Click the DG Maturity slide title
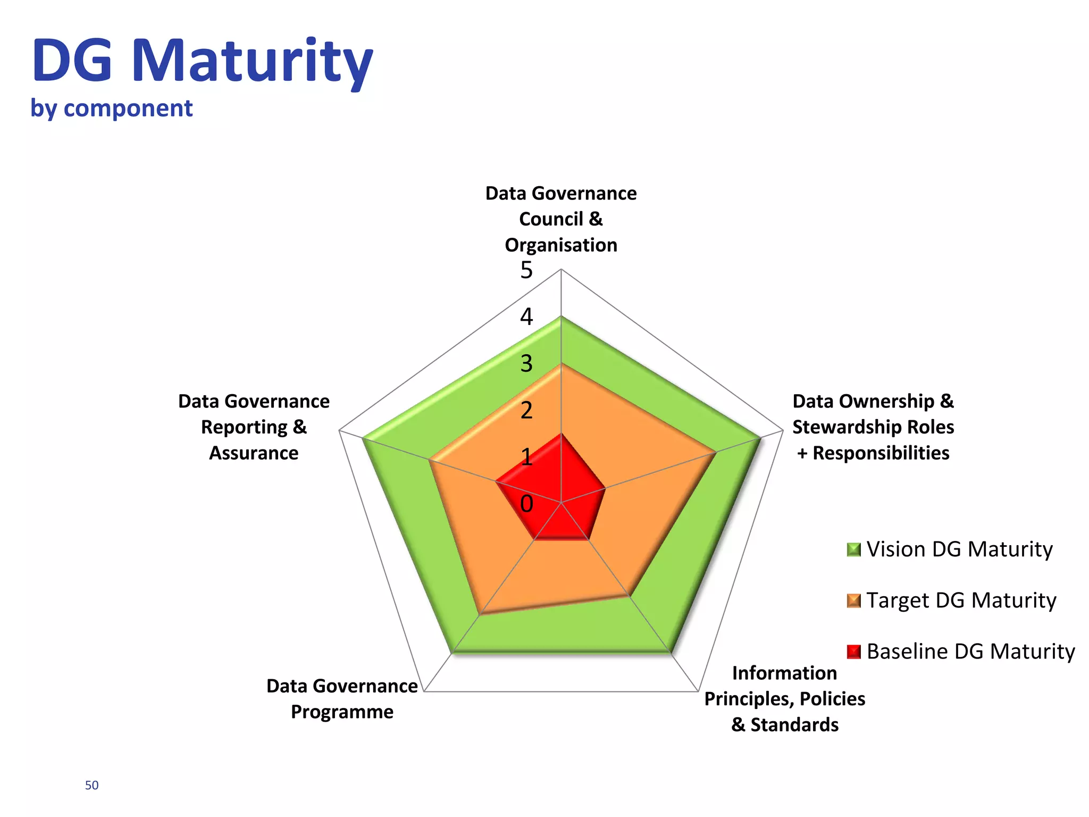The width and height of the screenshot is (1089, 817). click(202, 61)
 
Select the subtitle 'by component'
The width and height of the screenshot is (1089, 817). click(111, 109)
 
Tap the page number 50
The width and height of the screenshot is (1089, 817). click(91, 785)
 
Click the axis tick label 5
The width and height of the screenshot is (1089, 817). click(526, 271)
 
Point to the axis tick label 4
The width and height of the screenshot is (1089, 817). click(526, 317)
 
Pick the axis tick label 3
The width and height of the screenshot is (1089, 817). click(526, 364)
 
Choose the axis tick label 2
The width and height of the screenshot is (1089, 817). click(526, 411)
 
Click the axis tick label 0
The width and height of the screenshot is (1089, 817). click(526, 504)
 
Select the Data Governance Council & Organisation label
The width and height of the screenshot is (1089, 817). click(561, 219)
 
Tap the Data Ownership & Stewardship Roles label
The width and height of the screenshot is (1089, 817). click(873, 427)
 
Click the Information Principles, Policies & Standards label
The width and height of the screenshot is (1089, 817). click(785, 699)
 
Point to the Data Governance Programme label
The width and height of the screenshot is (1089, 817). click(342, 699)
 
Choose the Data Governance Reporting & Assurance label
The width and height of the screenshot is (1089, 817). click(254, 427)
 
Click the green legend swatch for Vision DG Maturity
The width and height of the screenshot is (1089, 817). click(853, 549)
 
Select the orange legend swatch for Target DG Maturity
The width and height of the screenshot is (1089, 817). click(853, 601)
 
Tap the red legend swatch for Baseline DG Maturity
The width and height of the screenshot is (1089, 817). click(853, 652)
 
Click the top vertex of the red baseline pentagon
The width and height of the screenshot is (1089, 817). click(561, 433)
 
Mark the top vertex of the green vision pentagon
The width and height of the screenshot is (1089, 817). click(561, 317)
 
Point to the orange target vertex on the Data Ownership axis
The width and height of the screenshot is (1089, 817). click(716, 453)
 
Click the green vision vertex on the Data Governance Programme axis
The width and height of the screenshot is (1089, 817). click(452, 653)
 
